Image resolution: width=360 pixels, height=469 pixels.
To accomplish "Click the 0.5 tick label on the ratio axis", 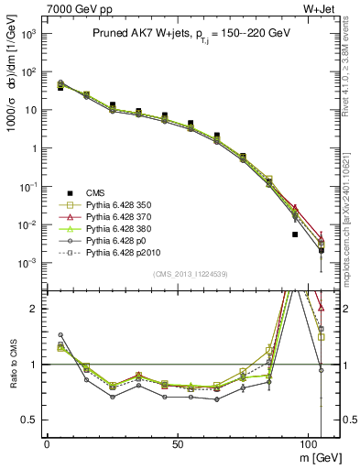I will pos(30,420).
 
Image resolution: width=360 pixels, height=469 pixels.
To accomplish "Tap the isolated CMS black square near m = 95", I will pos(295,234).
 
